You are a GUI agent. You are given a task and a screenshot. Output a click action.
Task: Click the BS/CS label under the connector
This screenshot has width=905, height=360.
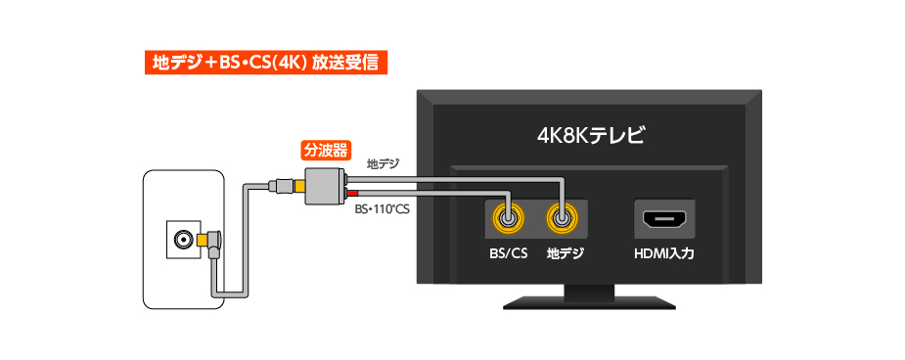pos(508,255)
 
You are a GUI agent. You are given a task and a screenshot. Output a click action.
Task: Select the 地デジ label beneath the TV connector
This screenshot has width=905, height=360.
pos(565,255)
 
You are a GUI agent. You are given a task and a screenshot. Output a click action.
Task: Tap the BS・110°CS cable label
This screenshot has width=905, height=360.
pos(382,207)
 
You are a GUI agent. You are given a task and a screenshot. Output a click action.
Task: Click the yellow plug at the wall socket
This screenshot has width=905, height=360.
pos(206,240)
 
